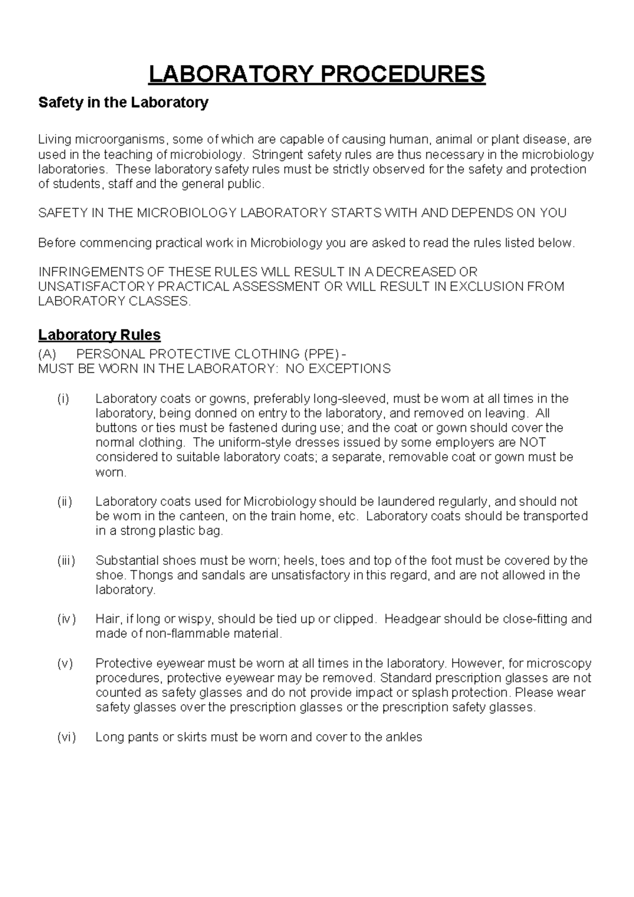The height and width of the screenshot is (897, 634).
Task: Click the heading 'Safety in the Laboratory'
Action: [123, 103]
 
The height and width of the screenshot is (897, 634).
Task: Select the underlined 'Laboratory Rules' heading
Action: [99, 335]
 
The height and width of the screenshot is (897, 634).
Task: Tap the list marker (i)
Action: [63, 399]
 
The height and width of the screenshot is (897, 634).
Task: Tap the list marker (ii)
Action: [64, 501]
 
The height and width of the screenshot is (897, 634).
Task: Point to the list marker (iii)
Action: [66, 561]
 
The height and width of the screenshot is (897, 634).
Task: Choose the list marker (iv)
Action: [66, 619]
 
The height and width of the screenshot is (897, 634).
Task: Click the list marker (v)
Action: [64, 663]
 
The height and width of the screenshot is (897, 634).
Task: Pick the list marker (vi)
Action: [66, 737]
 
